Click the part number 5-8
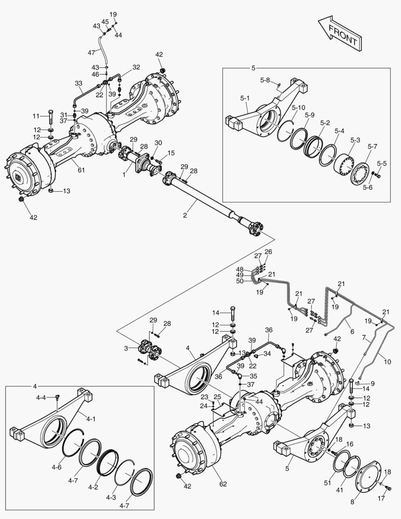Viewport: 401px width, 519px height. point(265,80)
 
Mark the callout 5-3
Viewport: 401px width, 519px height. point(355,139)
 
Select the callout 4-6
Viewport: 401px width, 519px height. point(56,467)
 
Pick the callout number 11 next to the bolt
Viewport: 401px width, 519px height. point(36,116)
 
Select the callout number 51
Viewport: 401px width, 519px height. point(328,482)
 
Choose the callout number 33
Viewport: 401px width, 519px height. point(79,83)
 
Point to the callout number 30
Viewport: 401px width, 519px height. point(158,143)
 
